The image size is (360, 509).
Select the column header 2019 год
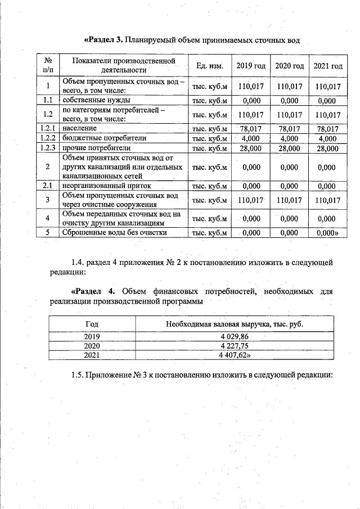click(x=250, y=66)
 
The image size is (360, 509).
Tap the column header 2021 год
click(x=327, y=66)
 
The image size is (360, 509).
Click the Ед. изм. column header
click(x=210, y=66)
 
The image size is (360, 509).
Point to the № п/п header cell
click(x=48, y=66)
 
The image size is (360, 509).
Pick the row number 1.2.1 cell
click(x=48, y=129)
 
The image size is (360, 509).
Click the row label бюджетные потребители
click(x=104, y=138)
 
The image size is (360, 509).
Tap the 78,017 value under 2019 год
click(x=250, y=129)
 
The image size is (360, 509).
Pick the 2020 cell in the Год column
click(x=91, y=346)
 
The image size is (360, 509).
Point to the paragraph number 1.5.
click(x=78, y=375)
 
